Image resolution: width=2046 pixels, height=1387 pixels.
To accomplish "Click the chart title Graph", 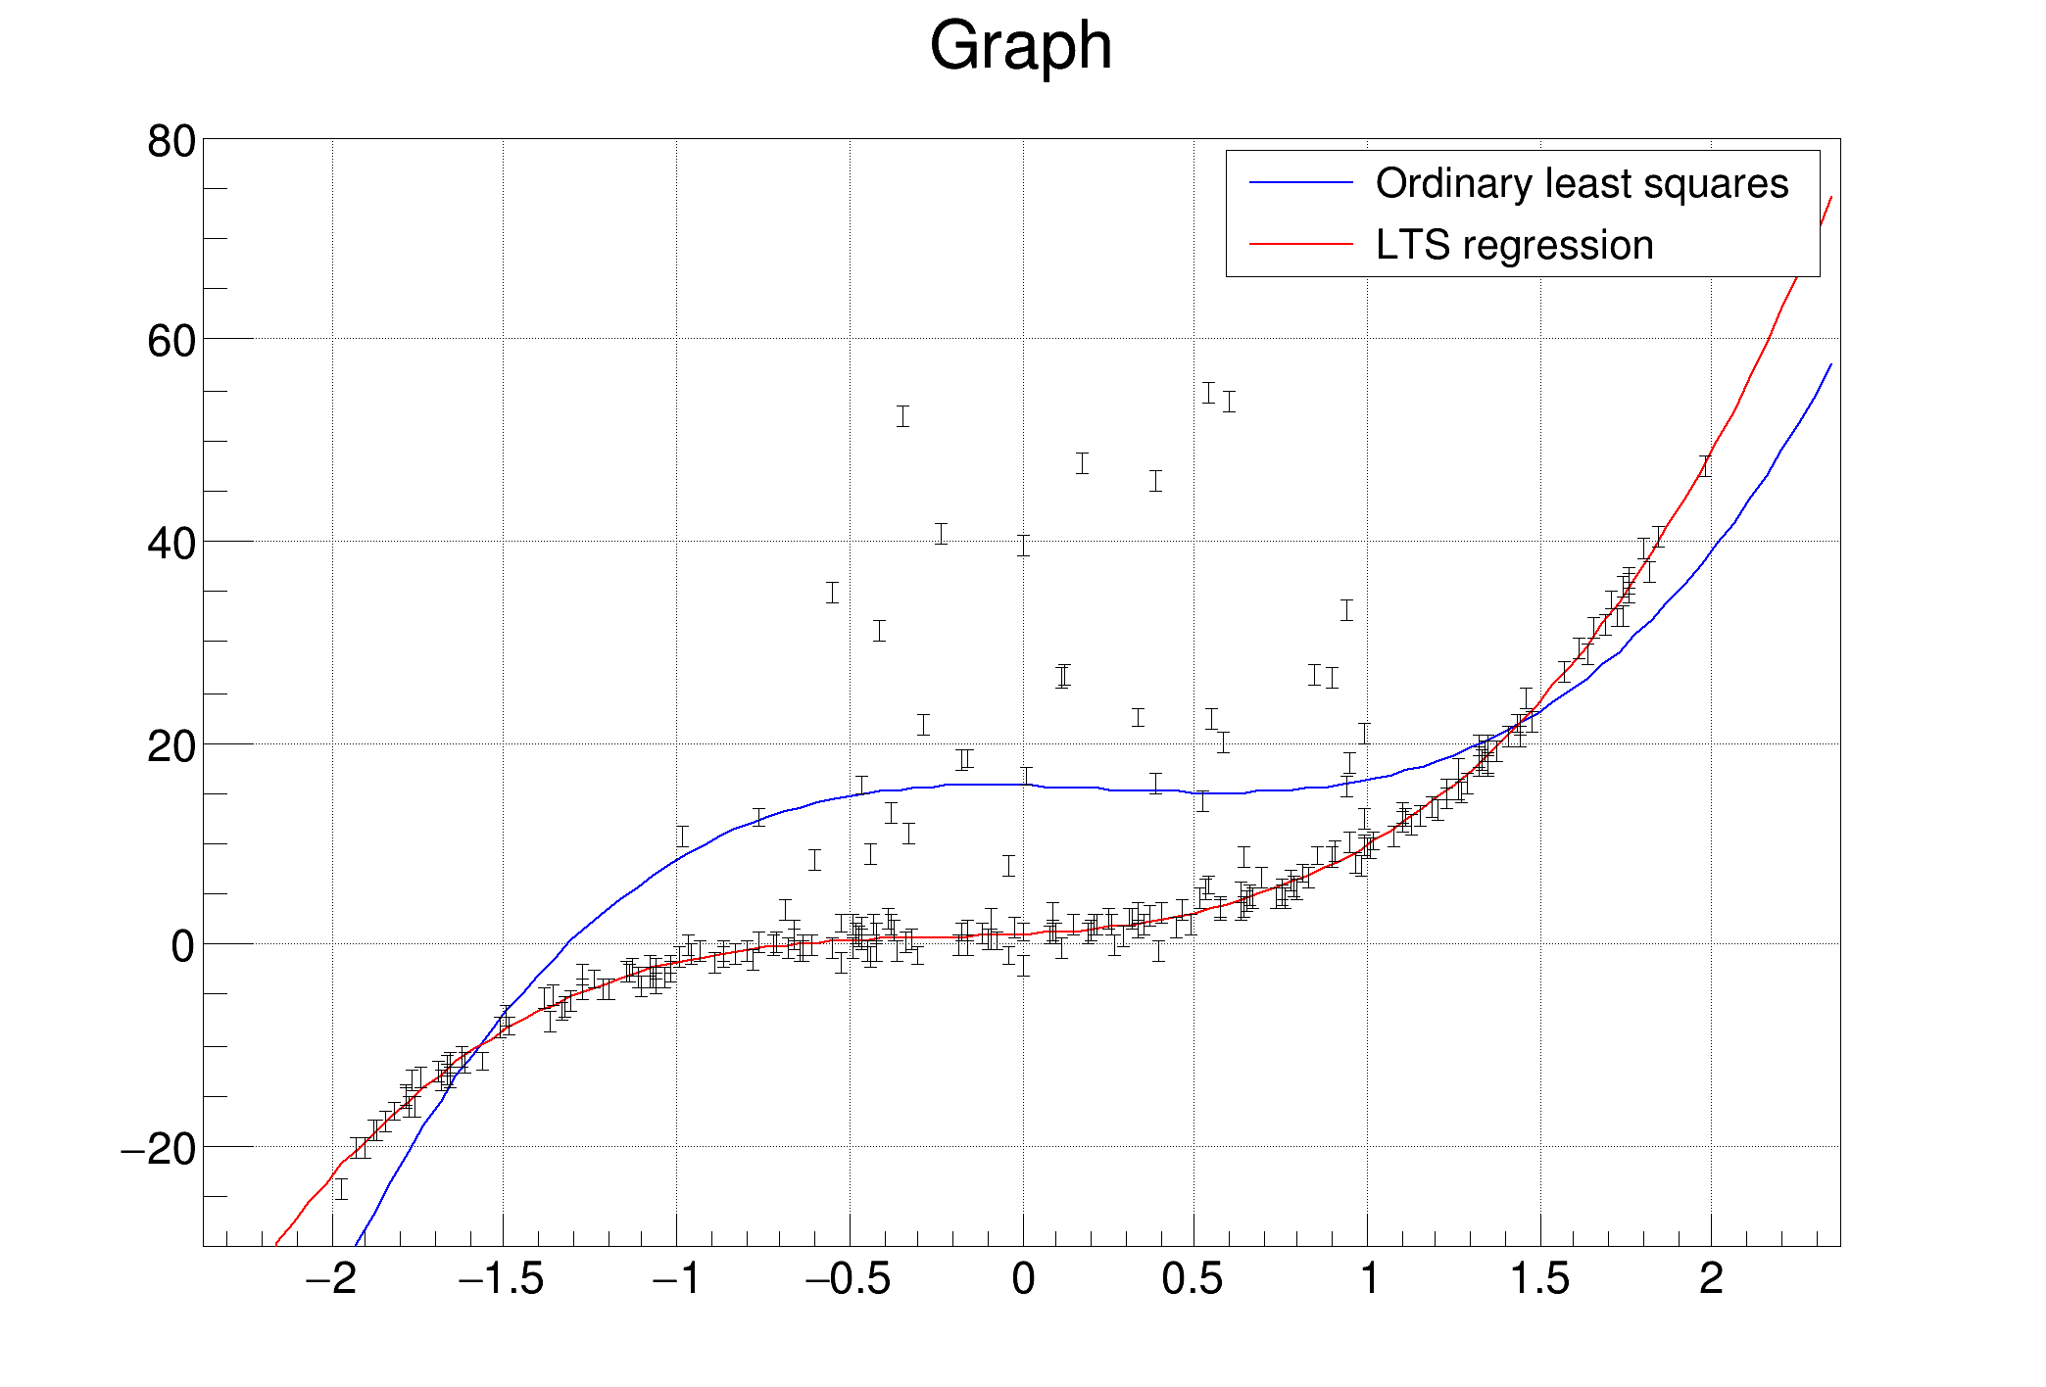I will point(1020,46).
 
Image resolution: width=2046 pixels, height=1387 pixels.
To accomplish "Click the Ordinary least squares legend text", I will point(1581,184).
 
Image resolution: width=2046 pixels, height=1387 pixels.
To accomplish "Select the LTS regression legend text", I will point(1514,245).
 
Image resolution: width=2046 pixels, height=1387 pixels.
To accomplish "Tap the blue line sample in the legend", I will point(1300,183).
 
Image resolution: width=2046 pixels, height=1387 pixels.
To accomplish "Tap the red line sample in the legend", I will point(1300,244).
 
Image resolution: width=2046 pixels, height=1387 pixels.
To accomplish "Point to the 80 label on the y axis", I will point(171,142).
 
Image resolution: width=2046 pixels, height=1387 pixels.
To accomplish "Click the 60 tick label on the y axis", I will point(171,342).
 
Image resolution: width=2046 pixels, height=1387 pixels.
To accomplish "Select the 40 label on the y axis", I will point(171,544).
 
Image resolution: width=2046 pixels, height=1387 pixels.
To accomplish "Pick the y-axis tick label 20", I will point(171,746).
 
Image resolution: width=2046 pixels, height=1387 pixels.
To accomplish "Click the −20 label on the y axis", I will point(159,1149).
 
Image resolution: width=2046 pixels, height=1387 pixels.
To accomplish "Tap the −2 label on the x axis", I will point(330,1279).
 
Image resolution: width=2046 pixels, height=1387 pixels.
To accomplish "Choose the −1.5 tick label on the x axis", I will point(501,1279).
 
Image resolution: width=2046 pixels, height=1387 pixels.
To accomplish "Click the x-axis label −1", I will point(676,1279).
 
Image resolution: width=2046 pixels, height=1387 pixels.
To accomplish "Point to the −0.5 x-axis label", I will point(848,1279).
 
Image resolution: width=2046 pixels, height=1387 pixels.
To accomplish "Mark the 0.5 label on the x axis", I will point(1193,1279).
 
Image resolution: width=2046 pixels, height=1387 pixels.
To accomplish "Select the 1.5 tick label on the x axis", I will point(1539,1279).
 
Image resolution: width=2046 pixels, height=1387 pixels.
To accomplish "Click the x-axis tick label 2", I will point(1711,1279).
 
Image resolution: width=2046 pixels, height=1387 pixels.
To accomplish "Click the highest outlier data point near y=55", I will point(1209,393).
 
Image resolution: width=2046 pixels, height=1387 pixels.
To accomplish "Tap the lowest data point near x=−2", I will point(341,1189).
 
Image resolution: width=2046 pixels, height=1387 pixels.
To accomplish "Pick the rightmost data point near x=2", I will point(1705,466).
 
